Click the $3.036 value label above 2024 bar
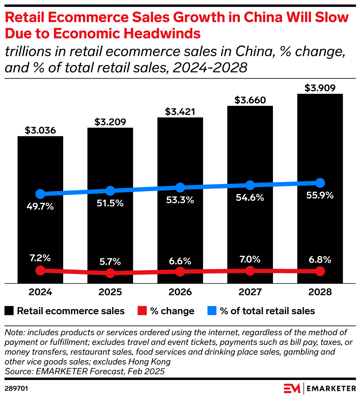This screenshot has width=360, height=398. coord(40,130)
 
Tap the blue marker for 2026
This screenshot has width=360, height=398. coord(180,187)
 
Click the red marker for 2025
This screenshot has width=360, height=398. coord(110,273)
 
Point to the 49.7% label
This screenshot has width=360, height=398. coord(40,207)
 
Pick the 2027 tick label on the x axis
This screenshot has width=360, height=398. coord(250,293)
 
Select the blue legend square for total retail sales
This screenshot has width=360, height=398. coord(211,311)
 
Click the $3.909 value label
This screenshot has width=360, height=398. coord(320,88)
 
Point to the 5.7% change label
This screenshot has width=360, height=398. coord(110,262)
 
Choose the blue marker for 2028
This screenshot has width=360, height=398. coord(320,183)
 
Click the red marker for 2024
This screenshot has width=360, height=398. coord(40,270)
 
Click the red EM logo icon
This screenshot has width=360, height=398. coord(292,388)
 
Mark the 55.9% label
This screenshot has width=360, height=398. coord(320,196)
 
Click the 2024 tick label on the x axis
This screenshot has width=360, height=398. coord(40,293)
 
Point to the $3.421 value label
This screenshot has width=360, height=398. coord(180,111)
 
